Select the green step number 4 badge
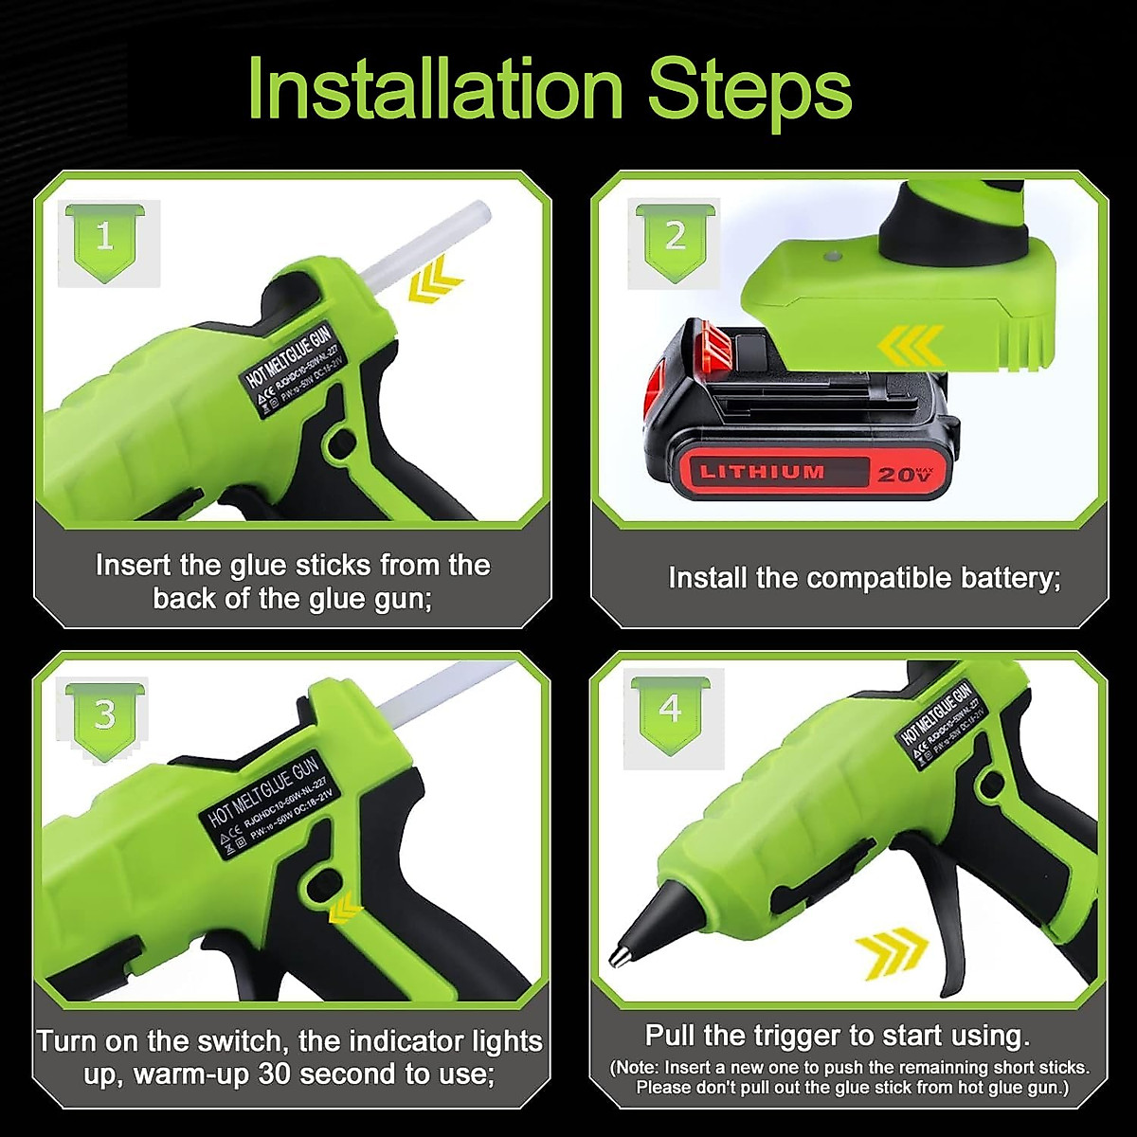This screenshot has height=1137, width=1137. point(670,711)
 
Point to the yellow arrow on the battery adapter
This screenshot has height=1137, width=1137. point(910,346)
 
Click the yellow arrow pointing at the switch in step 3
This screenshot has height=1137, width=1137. point(345,907)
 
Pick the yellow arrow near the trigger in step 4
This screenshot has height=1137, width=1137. point(891,949)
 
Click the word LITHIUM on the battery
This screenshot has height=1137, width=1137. point(762,472)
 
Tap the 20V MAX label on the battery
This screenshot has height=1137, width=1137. point(905,473)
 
